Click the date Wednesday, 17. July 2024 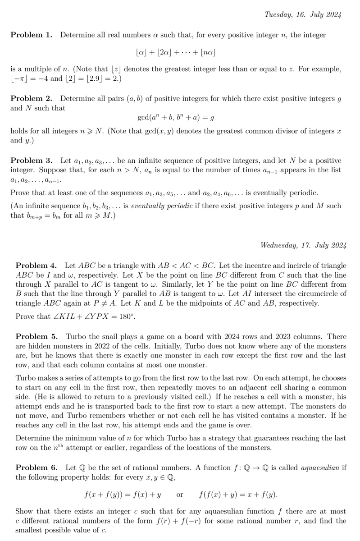(303, 246)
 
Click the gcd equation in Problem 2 (175, 118)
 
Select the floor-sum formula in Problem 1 (175, 53)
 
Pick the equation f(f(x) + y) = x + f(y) (238, 495)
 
